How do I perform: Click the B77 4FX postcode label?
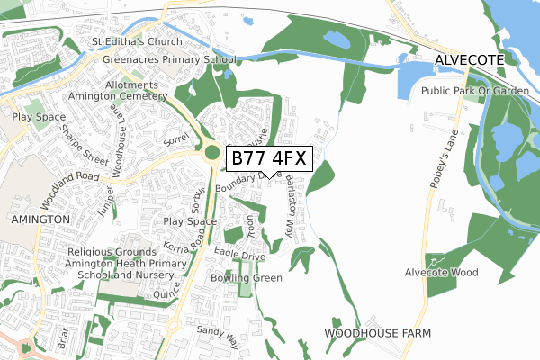270,159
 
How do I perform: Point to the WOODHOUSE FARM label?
377,333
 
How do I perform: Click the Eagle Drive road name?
239,256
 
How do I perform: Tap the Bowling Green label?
247,278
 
